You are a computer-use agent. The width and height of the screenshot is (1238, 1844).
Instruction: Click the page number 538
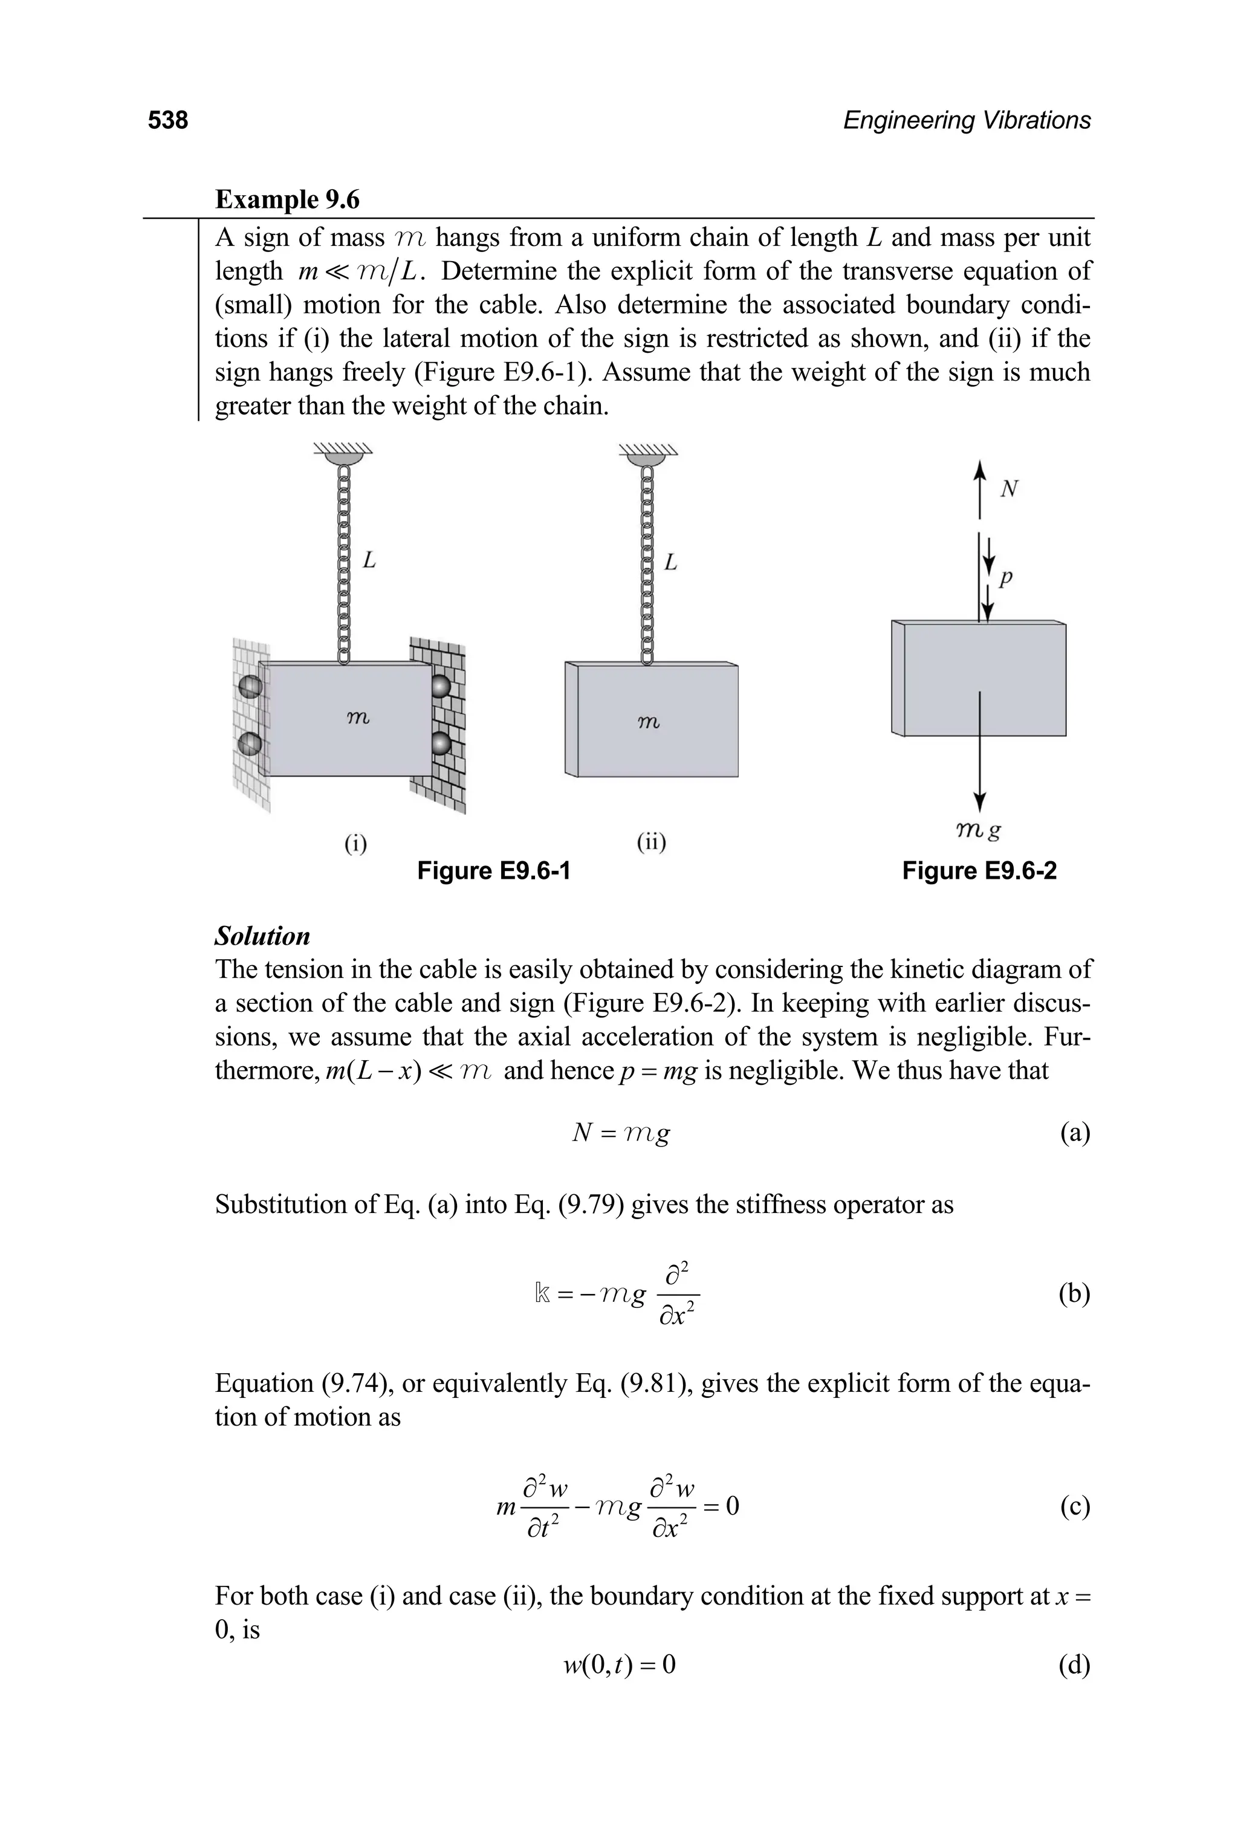pos(167,120)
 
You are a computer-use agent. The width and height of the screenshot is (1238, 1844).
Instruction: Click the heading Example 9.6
pos(287,199)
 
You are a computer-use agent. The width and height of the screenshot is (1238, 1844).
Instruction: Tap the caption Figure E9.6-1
pos(493,871)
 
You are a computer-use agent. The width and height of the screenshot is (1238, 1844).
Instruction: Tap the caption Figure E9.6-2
pos(979,871)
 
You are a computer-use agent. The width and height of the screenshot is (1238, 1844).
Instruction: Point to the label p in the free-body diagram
pos(1005,578)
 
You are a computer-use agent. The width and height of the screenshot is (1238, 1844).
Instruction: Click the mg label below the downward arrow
pos(978,830)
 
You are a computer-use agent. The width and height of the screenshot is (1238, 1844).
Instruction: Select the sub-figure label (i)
pos(355,843)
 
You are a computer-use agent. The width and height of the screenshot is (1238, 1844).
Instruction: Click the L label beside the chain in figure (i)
pos(369,561)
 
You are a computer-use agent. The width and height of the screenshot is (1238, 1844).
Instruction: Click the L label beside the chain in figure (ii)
pos(670,562)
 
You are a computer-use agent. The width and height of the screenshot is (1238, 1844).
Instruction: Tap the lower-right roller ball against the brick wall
pos(441,743)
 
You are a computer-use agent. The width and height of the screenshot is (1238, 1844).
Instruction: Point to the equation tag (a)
pos(1075,1134)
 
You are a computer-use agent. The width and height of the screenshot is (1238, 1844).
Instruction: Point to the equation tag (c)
pos(1075,1506)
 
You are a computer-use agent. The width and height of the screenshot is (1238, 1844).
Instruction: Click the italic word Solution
pos(262,936)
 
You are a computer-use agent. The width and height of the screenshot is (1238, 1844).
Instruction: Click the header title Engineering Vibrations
pos(967,120)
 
